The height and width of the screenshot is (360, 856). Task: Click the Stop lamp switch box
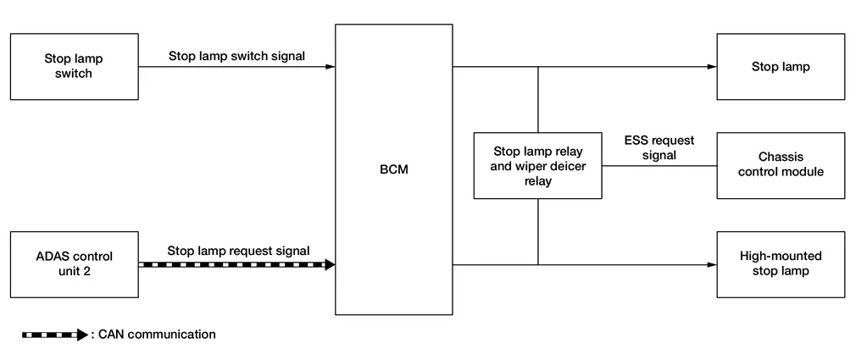[x=74, y=67]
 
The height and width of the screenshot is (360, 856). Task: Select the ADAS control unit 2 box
[x=74, y=264]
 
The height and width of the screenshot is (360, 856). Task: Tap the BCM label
[x=393, y=169]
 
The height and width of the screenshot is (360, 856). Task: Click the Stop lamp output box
[x=780, y=67]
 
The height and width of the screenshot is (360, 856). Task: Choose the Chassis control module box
[x=780, y=165]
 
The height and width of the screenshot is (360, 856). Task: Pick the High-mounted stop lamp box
[x=780, y=264]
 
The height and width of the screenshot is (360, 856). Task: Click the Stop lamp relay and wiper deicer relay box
[x=537, y=166]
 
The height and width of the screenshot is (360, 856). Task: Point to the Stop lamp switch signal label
[x=236, y=57]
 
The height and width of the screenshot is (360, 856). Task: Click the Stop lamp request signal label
[x=238, y=251]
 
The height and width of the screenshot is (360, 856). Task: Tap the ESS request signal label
[x=659, y=147]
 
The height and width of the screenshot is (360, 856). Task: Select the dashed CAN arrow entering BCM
[x=236, y=265]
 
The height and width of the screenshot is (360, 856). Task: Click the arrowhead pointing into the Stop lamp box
[x=712, y=67]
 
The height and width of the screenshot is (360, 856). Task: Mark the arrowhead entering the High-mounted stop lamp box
[x=712, y=265]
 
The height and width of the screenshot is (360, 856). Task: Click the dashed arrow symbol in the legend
[x=54, y=335]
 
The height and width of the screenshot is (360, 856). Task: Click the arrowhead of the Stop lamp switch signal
[x=331, y=67]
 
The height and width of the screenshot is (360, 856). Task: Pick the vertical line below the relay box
[x=538, y=232]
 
